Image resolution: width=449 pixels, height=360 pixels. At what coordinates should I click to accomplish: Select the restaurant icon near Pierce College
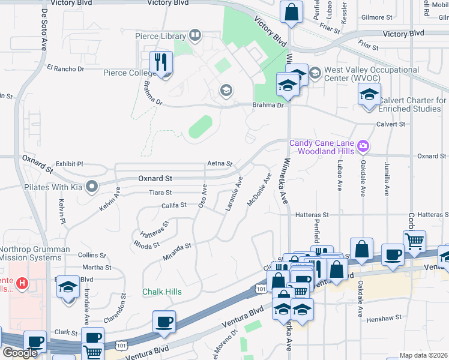coord(161,62)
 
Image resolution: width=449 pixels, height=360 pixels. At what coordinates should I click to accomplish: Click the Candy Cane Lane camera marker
coord(363,146)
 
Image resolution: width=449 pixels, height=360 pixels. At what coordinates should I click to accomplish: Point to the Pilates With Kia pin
coord(92,187)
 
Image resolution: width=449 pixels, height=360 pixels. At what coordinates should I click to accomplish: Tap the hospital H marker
coord(22,283)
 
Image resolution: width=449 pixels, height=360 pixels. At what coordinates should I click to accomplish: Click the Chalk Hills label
coord(161,292)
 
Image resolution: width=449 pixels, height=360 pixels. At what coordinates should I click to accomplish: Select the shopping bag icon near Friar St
coord(291,11)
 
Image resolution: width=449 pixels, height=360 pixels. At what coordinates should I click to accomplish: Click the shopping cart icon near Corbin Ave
coord(414,241)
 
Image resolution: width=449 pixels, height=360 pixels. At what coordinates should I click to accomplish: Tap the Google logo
coord(19,353)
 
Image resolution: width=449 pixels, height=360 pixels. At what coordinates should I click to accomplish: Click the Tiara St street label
coord(160,193)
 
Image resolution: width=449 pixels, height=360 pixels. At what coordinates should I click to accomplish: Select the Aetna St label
coord(219,163)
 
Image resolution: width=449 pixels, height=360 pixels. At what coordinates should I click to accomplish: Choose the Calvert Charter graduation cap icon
coord(369,93)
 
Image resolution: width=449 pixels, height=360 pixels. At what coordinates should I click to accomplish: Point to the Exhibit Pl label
coord(69,163)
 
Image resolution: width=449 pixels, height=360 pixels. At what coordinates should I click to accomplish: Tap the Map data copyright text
coord(424,355)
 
